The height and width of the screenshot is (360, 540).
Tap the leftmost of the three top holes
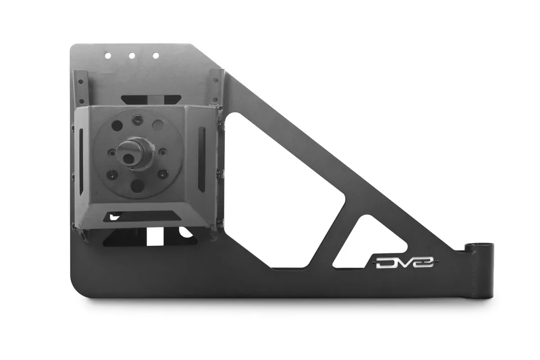click(x=108, y=56)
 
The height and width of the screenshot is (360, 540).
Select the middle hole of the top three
click(x=132, y=56)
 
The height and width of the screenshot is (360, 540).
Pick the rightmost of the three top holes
click(x=156, y=56)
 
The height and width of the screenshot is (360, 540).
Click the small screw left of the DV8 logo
click(x=371, y=261)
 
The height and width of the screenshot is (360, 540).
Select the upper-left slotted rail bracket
click(x=80, y=88)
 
